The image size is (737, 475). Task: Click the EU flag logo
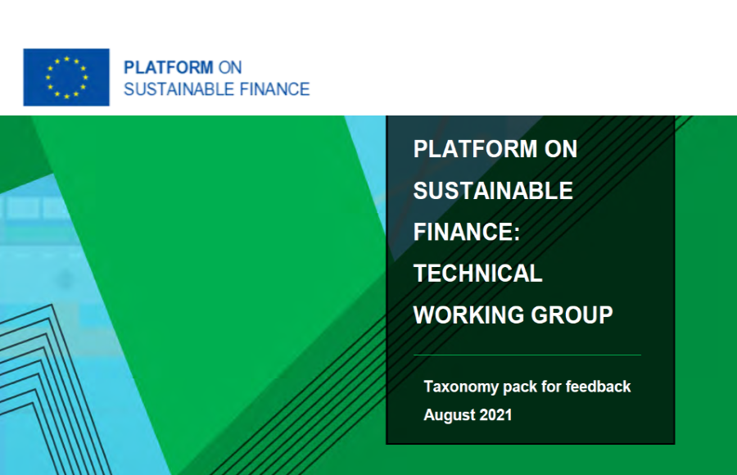click(x=66, y=77)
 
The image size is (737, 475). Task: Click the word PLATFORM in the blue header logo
click(x=168, y=67)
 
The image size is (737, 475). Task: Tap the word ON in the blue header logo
click(x=230, y=67)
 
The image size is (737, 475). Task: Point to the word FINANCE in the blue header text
click(x=274, y=89)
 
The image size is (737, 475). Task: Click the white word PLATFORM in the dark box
click(x=475, y=149)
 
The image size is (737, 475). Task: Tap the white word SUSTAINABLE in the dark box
click(x=493, y=191)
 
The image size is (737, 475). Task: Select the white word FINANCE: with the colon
click(x=467, y=232)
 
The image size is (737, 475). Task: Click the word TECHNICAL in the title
click(x=477, y=274)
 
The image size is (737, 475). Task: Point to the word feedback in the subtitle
click(x=599, y=386)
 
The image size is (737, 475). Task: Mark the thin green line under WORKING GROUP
click(x=527, y=355)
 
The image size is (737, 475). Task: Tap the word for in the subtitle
click(x=551, y=386)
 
